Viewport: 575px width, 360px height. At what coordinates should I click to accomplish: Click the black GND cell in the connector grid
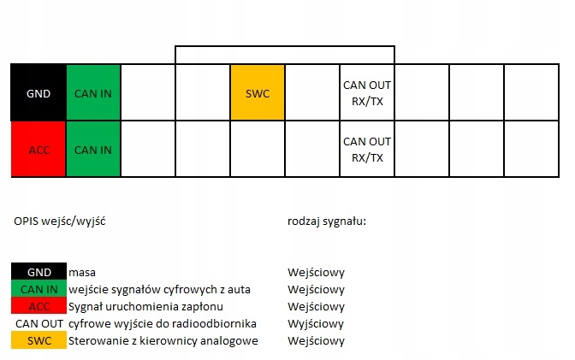point(39,92)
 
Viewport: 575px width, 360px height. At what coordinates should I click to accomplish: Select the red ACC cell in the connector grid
point(39,150)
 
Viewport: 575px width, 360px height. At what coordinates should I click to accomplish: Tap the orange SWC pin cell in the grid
point(258,92)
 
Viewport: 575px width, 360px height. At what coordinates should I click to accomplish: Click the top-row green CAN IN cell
point(93,92)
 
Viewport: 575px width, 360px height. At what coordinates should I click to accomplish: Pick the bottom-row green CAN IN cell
point(93,150)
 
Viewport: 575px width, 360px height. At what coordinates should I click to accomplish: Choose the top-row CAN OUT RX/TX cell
point(367,92)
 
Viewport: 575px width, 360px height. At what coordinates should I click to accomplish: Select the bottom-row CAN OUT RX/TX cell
point(367,150)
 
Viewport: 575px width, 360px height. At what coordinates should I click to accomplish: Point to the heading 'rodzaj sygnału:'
point(327,221)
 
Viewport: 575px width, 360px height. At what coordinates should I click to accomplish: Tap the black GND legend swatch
point(39,273)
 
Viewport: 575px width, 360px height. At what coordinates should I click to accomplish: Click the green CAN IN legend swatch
point(39,290)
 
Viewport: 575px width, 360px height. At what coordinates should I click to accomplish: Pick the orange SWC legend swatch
point(39,341)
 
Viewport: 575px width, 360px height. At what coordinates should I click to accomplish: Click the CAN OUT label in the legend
point(39,324)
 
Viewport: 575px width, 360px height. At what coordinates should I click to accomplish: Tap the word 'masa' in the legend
point(83,273)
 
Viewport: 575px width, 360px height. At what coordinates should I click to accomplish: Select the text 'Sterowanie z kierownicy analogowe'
point(163,341)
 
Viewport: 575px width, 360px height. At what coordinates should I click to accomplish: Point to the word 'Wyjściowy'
point(317,324)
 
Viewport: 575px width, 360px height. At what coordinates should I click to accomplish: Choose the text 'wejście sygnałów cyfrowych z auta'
point(159,290)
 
